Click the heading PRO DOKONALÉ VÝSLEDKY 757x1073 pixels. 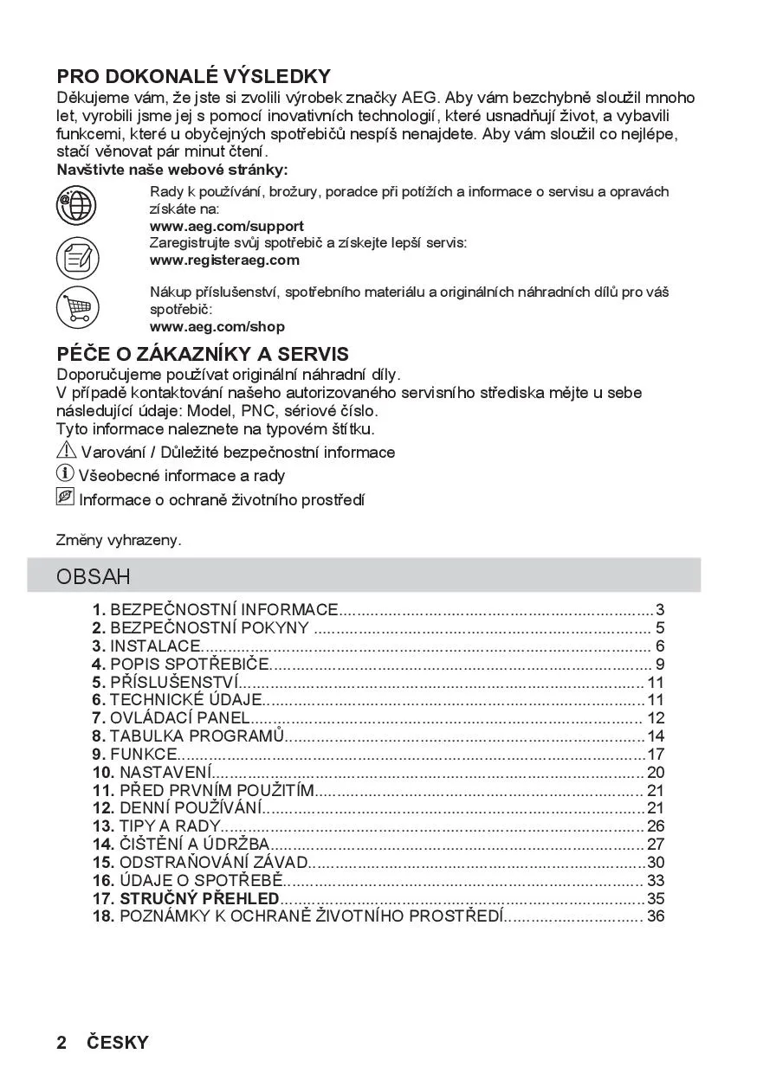193,76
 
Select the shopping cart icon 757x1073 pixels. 77,307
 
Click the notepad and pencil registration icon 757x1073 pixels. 77,257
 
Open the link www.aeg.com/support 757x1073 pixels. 227,226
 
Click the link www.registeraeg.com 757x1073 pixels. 224,260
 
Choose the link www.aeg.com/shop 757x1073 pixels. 217,327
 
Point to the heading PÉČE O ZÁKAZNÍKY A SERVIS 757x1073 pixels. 203,354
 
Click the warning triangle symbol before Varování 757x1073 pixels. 66,451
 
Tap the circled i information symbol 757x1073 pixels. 65,473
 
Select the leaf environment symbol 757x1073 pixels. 65,498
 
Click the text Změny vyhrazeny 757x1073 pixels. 119,540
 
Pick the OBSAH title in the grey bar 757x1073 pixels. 94,576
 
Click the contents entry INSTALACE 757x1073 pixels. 154,646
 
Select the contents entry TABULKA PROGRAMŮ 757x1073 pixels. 197,736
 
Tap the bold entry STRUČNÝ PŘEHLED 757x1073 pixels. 198,898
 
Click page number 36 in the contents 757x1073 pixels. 656,916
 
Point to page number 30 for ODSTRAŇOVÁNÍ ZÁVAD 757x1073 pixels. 656,863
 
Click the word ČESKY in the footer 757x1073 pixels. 117,1043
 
